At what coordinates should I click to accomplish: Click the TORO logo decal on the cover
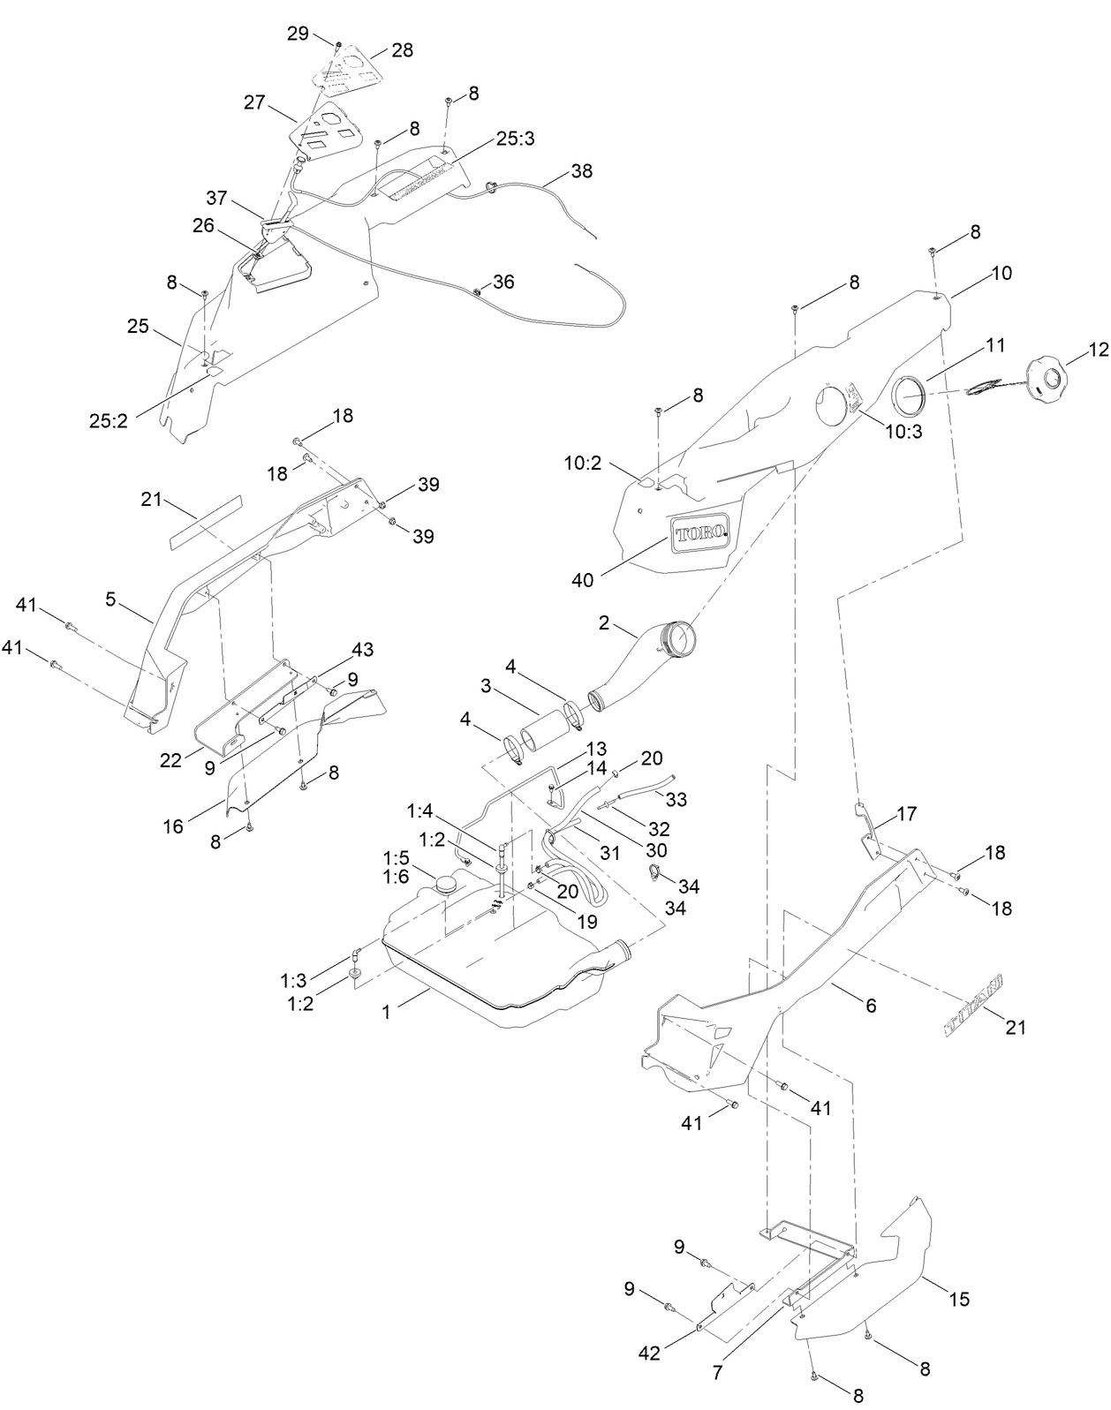pyautogui.click(x=699, y=534)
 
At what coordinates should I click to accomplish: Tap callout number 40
pyautogui.click(x=582, y=580)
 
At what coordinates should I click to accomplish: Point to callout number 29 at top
pyautogui.click(x=299, y=34)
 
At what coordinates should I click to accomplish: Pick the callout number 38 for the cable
pyautogui.click(x=581, y=171)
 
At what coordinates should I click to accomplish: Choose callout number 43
pyautogui.click(x=362, y=650)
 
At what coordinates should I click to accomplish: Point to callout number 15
pyautogui.click(x=958, y=1299)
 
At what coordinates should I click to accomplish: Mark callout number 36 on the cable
pyautogui.click(x=503, y=283)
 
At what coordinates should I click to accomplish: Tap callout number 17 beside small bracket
pyautogui.click(x=907, y=814)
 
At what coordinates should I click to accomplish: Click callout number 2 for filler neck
pyautogui.click(x=604, y=624)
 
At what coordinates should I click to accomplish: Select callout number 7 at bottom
pyautogui.click(x=717, y=1373)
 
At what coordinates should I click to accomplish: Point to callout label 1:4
pyautogui.click(x=420, y=809)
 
